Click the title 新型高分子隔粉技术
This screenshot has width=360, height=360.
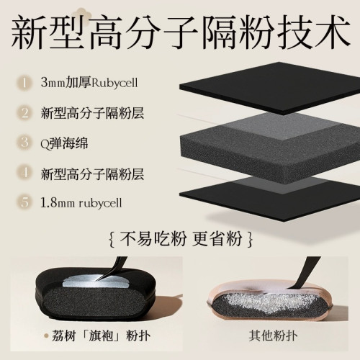pyautogui.click(x=180, y=32)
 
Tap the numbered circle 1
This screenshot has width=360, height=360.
pyautogui.click(x=24, y=82)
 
